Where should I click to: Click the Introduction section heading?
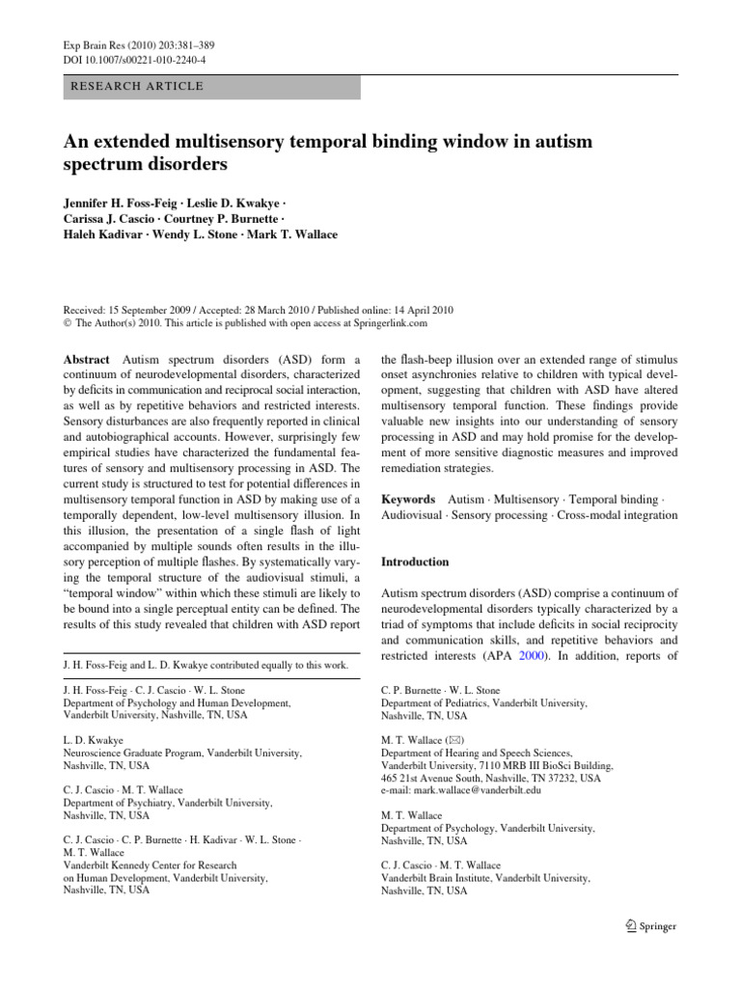(415, 562)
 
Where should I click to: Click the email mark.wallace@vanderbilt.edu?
(461, 789)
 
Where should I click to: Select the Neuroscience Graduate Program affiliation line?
(182, 753)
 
